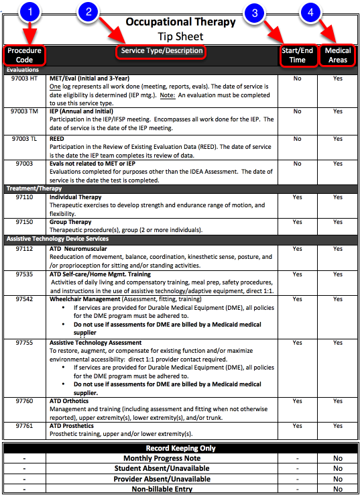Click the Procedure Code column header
pyautogui.click(x=24, y=55)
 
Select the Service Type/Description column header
pyautogui.click(x=162, y=51)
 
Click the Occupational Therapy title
pyautogui.click(x=180, y=22)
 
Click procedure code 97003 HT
pyautogui.click(x=25, y=78)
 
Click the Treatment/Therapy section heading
pyautogui.click(x=34, y=188)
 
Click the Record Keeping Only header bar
pyautogui.click(x=180, y=447)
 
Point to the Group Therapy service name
pyautogui.click(x=70, y=222)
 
